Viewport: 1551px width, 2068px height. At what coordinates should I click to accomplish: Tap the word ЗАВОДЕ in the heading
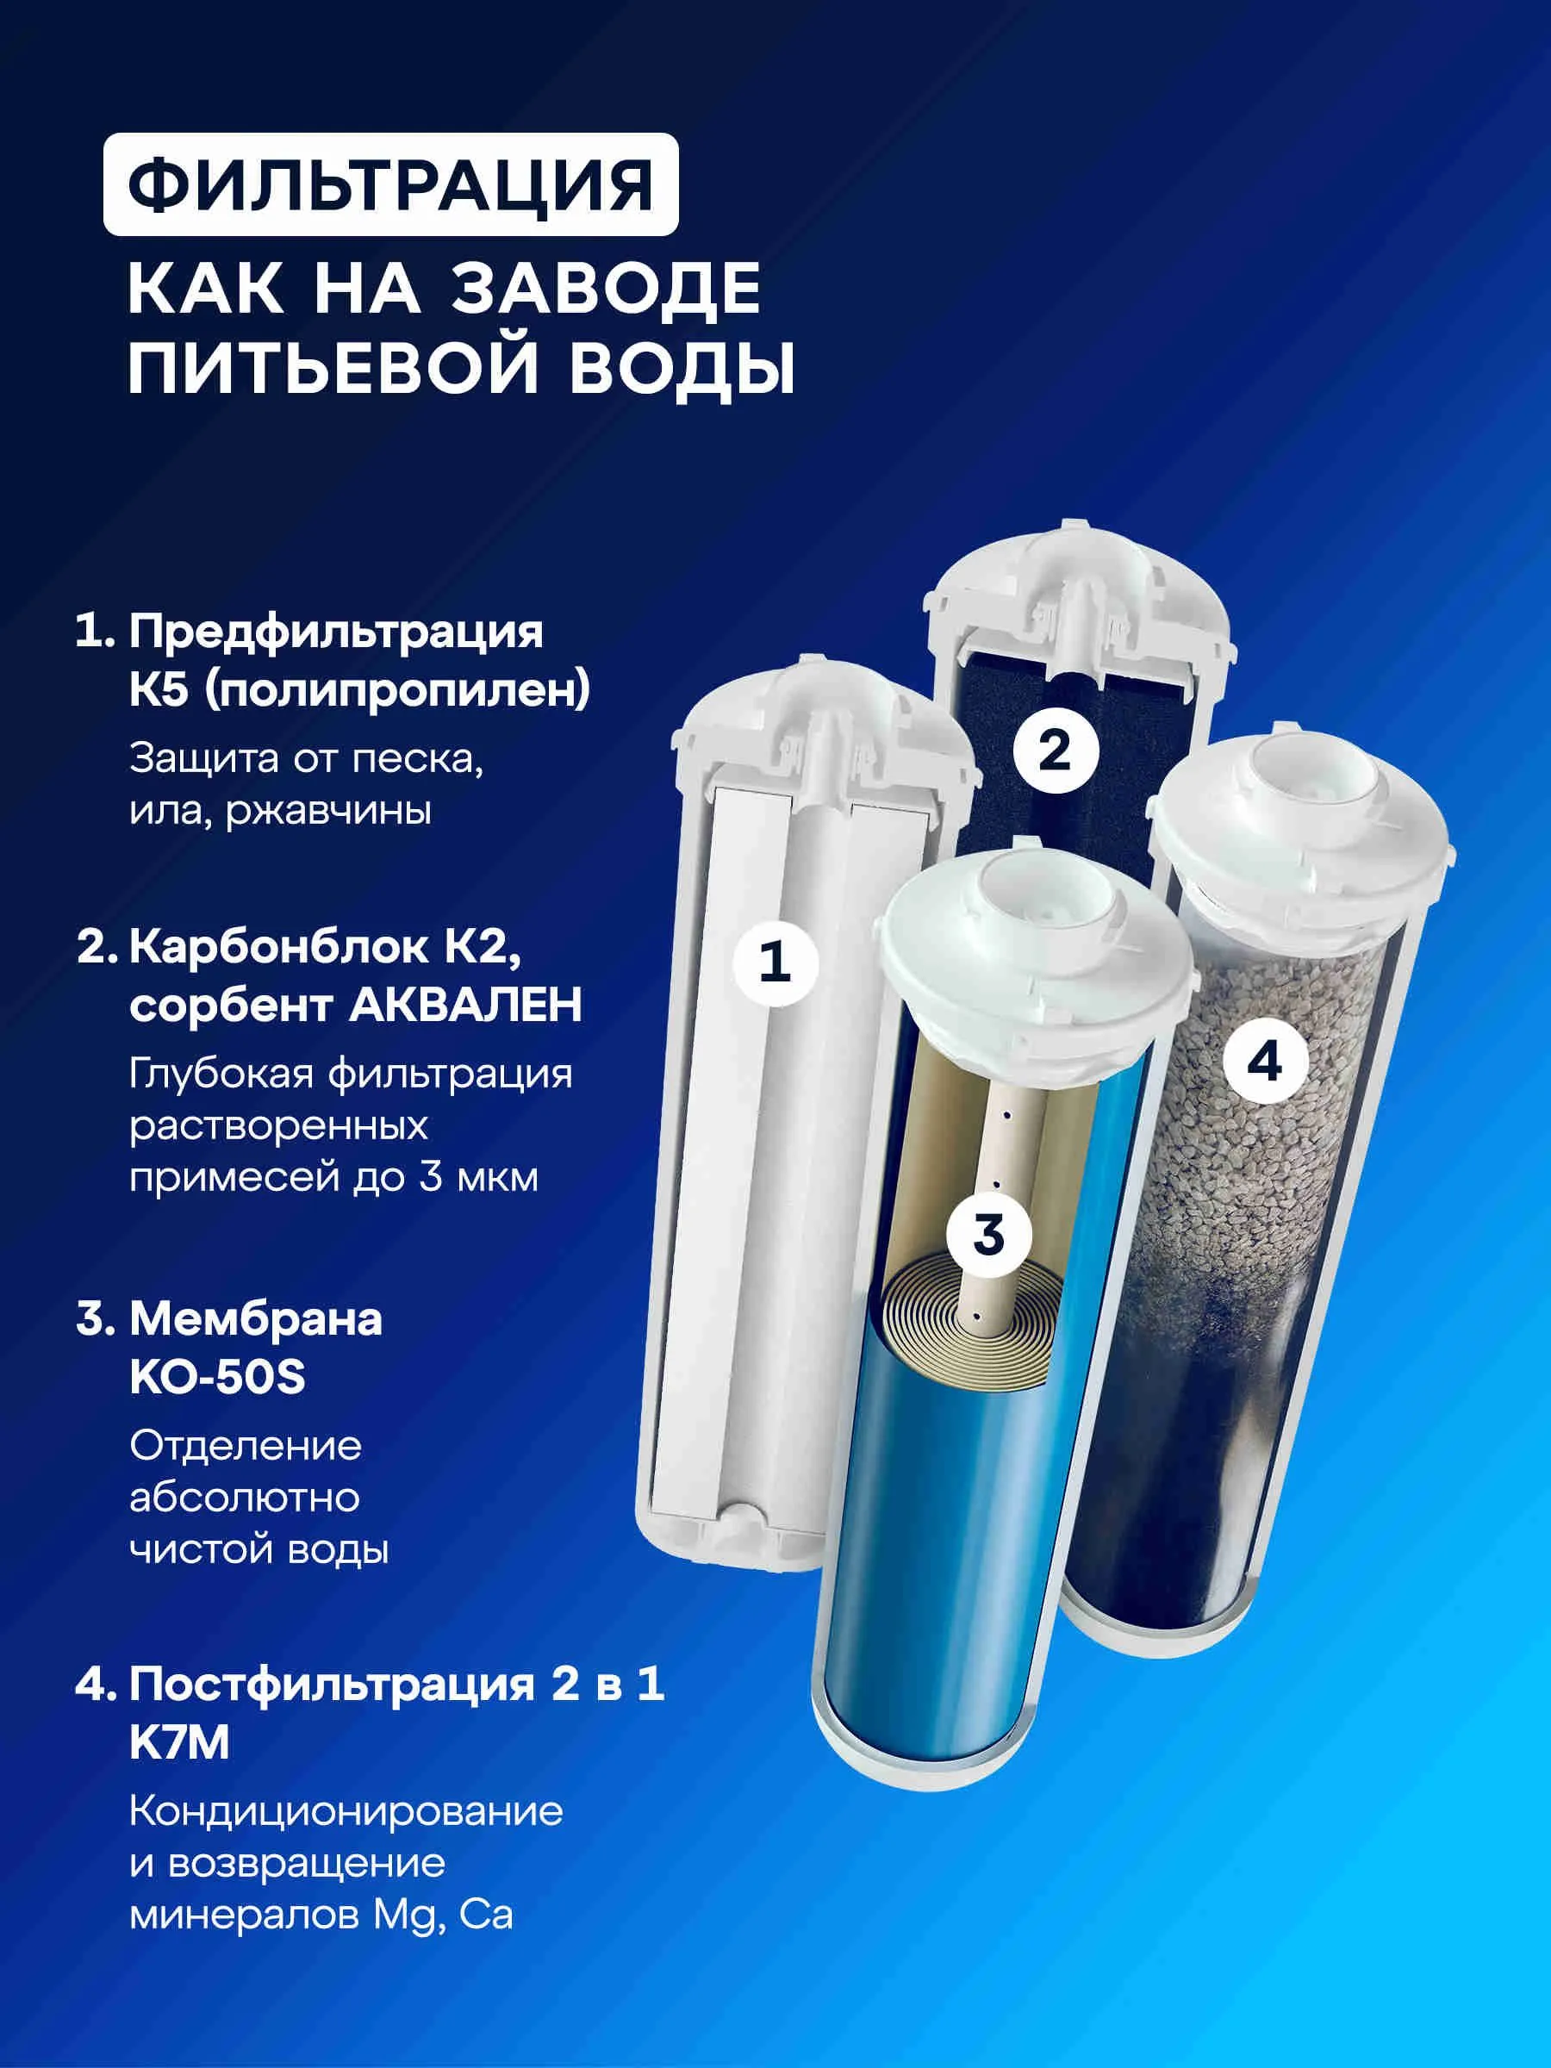607,289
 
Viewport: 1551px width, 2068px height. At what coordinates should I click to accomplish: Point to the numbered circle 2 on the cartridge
1055,750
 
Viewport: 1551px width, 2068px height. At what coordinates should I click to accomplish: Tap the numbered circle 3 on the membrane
988,1235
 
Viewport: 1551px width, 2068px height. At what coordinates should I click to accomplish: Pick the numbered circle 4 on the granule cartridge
1264,1063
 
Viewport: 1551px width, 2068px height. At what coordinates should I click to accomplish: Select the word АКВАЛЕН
465,1005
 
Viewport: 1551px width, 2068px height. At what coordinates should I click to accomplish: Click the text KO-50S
218,1377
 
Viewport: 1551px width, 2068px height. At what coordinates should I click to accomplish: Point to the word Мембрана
255,1319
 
